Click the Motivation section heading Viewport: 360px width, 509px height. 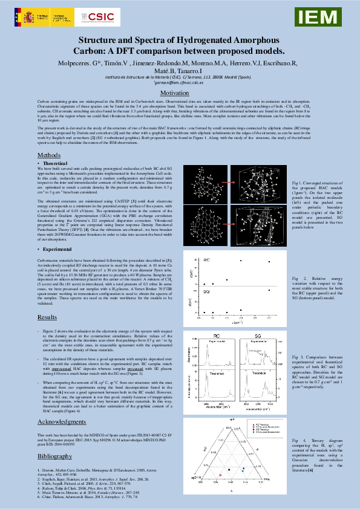(x=179, y=93)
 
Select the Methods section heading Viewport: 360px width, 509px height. (x=49, y=155)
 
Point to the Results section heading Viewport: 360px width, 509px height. (x=47, y=317)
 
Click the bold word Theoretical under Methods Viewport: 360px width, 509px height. (x=55, y=164)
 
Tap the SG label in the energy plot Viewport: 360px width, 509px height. (x=206, y=290)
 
